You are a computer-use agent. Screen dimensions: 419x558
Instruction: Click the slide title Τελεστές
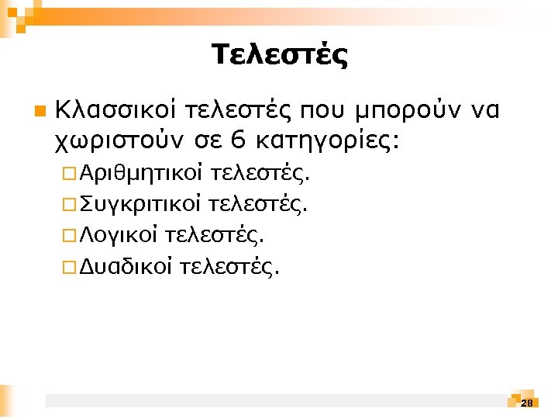tap(279, 56)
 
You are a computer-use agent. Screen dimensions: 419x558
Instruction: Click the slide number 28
tap(527, 403)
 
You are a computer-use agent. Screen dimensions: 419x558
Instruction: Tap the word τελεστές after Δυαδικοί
tap(230, 268)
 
